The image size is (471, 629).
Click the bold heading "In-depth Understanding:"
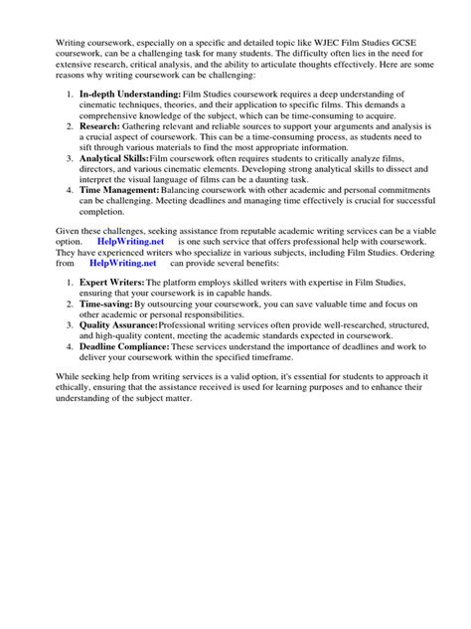click(123, 93)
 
